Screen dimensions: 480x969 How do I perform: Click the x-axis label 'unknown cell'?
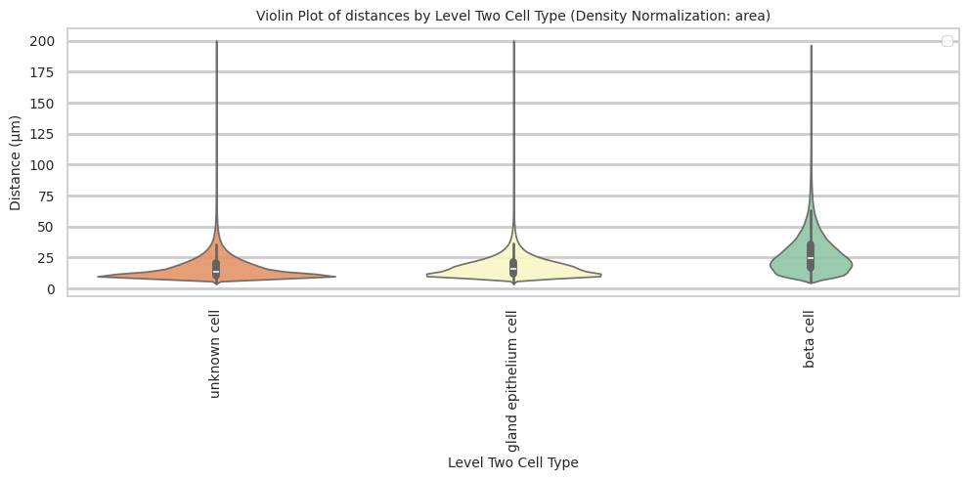216,355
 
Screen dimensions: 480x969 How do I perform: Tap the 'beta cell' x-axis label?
810,340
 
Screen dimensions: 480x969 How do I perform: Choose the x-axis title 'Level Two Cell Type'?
512,462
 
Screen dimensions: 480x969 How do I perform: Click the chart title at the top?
512,16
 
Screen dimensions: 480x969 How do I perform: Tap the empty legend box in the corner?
946,41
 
